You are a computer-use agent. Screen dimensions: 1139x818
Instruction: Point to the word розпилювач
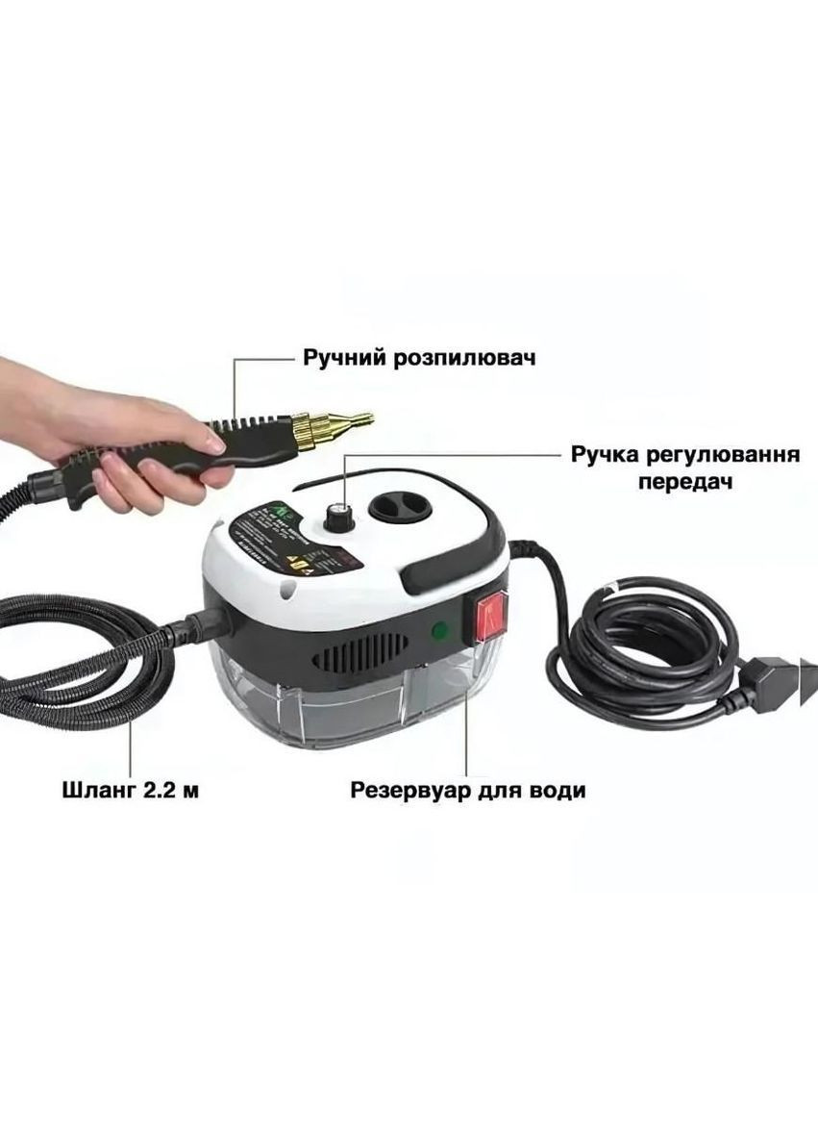coord(464,358)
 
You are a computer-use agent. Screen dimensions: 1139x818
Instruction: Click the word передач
coord(686,481)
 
